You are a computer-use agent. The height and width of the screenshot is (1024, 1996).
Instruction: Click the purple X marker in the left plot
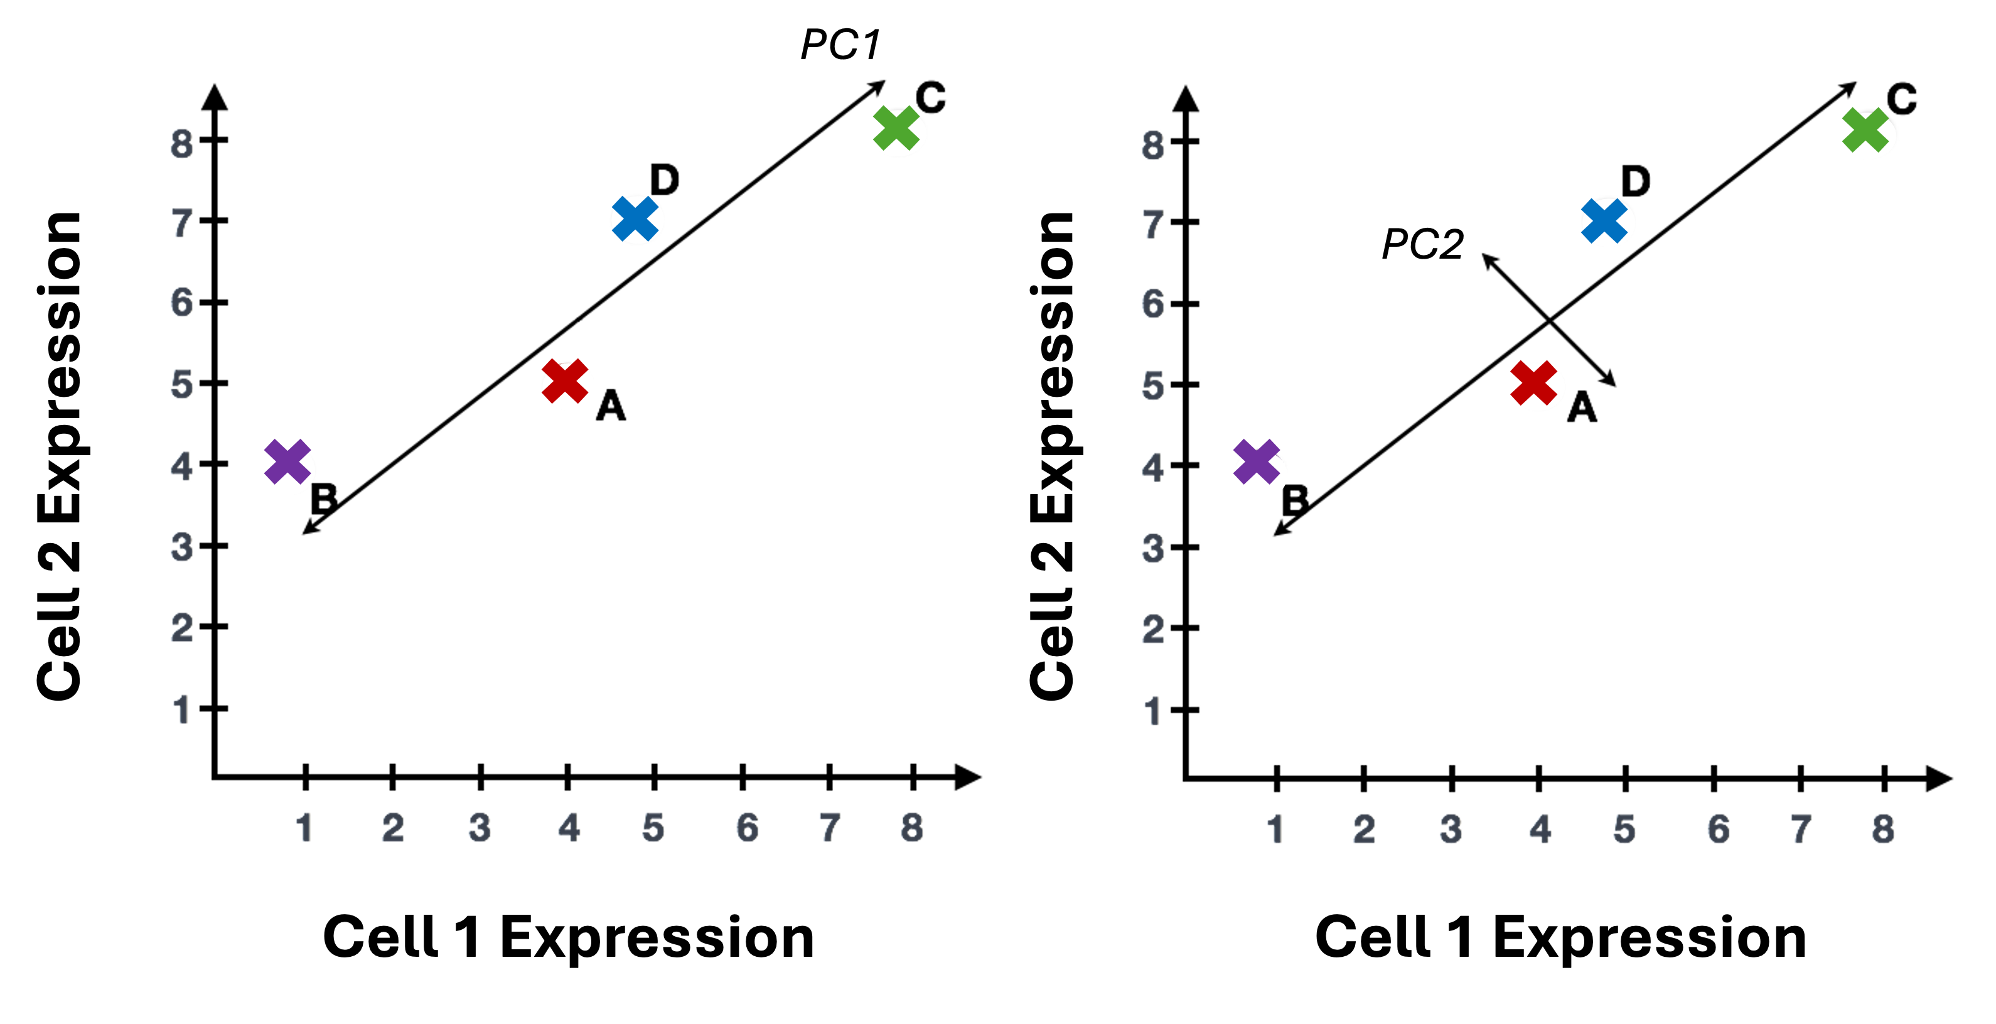pyautogui.click(x=287, y=462)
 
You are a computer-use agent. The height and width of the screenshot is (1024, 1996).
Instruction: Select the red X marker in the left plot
pyautogui.click(x=565, y=381)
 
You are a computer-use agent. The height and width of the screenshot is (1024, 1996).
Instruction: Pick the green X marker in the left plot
pyautogui.click(x=896, y=128)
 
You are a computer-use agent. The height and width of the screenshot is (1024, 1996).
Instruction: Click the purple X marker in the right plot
pyautogui.click(x=1257, y=462)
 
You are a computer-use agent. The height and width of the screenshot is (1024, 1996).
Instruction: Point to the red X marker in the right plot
pyautogui.click(x=1534, y=383)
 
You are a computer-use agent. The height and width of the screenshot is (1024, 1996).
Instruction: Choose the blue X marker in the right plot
pyautogui.click(x=1606, y=221)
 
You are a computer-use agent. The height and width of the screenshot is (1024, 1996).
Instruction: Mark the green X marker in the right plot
pyautogui.click(x=1865, y=130)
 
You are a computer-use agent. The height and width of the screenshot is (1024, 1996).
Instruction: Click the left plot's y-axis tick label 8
pyautogui.click(x=182, y=144)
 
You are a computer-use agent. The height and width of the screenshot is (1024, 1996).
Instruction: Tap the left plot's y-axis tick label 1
pyautogui.click(x=181, y=710)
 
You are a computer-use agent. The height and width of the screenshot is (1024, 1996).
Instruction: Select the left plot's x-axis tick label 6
pyautogui.click(x=747, y=828)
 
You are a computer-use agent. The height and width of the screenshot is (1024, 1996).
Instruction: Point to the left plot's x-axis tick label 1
pyautogui.click(x=304, y=828)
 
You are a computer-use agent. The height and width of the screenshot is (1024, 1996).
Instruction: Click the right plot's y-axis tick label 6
pyautogui.click(x=1153, y=304)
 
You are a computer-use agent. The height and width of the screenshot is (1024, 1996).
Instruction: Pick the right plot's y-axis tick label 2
pyautogui.click(x=1153, y=628)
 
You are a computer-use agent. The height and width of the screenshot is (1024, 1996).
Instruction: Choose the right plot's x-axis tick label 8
pyautogui.click(x=1884, y=829)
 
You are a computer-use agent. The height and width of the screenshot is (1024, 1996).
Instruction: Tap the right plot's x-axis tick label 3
pyautogui.click(x=1451, y=829)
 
